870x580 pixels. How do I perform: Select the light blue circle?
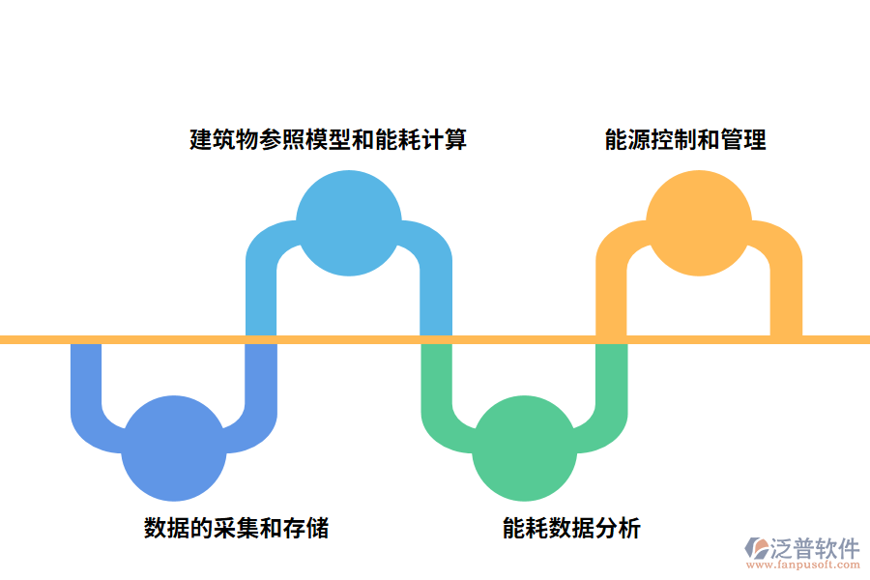(348, 222)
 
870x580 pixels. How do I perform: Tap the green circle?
(523, 449)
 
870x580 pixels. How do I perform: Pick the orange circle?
(698, 222)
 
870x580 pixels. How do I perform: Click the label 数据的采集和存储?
(236, 528)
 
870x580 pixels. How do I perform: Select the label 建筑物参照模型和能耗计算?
(328, 139)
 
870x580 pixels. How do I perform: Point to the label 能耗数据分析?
(571, 528)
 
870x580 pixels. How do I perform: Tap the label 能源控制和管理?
(685, 139)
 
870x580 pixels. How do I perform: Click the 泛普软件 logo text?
(815, 548)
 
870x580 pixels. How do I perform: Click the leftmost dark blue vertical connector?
(87, 377)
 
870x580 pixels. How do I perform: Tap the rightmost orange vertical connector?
(786, 290)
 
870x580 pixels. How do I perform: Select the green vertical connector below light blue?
(437, 377)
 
